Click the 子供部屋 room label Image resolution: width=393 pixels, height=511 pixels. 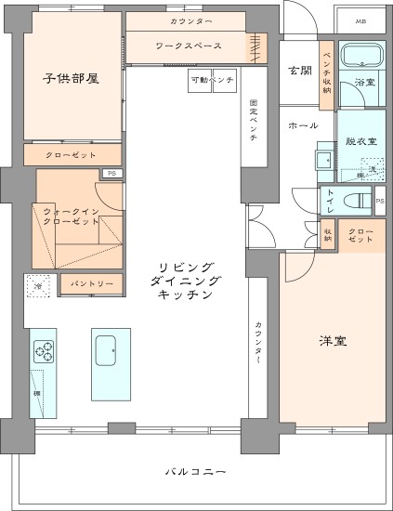point(72,78)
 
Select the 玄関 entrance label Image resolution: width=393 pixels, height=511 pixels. point(299,71)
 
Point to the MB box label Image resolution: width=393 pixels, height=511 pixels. point(360,20)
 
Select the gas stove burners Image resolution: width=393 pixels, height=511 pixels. point(45,350)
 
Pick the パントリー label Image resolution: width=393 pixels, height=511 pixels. point(92,284)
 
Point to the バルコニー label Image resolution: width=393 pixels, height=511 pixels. point(196,473)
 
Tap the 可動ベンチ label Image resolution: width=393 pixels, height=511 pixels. point(213,80)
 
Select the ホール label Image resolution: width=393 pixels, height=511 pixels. point(303,125)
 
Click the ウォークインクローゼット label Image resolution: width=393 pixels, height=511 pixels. point(72,217)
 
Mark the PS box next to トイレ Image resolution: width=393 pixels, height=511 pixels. point(379,199)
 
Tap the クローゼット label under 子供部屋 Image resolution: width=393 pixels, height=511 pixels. point(72,153)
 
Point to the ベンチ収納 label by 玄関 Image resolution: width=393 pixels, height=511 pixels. point(327,67)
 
